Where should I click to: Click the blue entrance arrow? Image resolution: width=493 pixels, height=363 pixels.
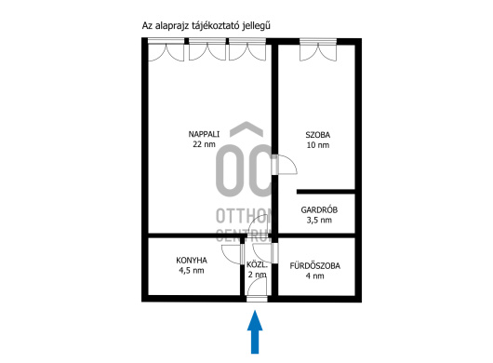pos(255,332)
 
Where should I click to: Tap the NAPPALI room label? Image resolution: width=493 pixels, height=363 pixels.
pos(204,134)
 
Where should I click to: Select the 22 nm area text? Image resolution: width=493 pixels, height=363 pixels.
pos(204,144)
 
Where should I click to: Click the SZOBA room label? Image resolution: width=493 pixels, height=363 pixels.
pos(318,135)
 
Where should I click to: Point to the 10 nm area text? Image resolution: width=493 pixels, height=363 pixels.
pos(318,145)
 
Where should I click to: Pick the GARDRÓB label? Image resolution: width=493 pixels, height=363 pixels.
pos(319,209)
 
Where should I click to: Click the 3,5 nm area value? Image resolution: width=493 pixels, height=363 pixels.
pos(319,220)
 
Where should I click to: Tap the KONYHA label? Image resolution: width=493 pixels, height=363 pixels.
pos(192,261)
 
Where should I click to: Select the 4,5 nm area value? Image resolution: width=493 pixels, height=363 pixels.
pos(192,271)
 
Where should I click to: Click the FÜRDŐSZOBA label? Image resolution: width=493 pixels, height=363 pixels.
pos(314,266)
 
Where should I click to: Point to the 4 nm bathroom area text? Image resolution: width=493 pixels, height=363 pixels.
pos(314,276)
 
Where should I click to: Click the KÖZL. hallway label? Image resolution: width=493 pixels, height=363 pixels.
pos(257,264)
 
